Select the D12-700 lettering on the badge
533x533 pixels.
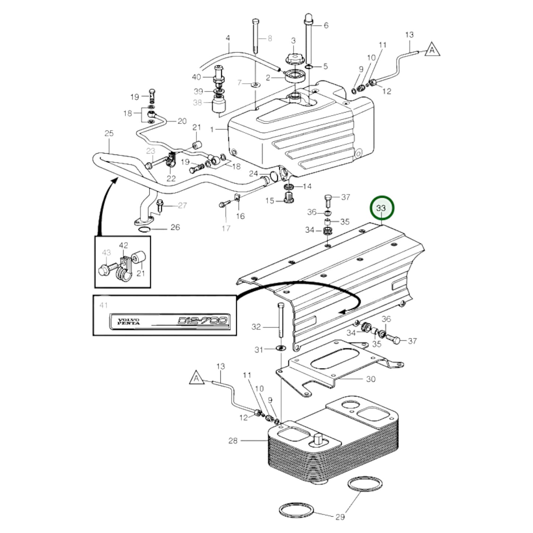[203, 320]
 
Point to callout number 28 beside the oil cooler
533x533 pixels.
[233, 440]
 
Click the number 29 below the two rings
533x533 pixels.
[340, 517]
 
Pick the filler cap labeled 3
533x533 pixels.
[293, 58]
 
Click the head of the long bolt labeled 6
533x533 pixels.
[309, 18]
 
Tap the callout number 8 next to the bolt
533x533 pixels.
[270, 38]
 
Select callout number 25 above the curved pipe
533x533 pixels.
[109, 133]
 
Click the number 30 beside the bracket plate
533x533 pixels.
[370, 379]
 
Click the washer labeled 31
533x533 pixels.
[281, 348]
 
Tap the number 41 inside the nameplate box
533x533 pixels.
[104, 305]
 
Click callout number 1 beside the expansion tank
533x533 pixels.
[212, 129]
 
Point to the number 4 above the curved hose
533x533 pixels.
[228, 38]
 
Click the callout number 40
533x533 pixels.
[196, 77]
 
